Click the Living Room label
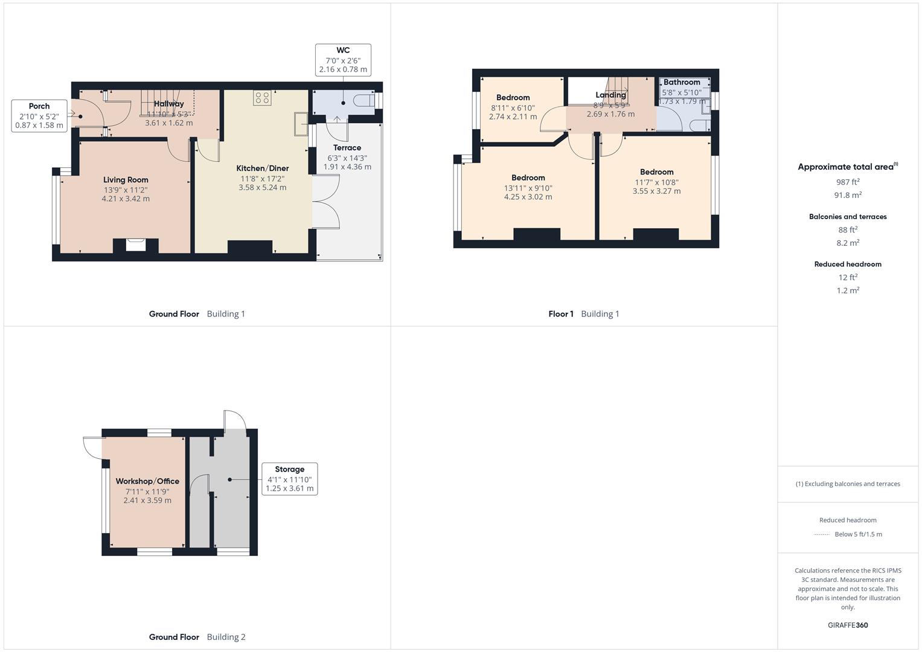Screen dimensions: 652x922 (x=126, y=180)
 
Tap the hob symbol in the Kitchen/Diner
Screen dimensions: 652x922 (x=262, y=98)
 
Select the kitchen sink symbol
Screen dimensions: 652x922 (x=301, y=124)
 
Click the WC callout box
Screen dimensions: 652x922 (x=343, y=60)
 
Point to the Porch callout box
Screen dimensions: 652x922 (x=39, y=116)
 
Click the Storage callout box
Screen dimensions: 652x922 (x=290, y=479)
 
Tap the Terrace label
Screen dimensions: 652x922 (x=347, y=148)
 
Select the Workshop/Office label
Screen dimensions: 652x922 (x=147, y=481)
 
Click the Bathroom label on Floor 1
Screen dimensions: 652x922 (x=682, y=82)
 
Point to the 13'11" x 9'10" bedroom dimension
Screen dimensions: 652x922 (x=528, y=188)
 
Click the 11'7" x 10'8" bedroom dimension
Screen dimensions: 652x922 (x=656, y=182)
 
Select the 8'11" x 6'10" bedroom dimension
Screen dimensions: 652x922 (x=513, y=108)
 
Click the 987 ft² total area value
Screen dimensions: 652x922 (x=848, y=182)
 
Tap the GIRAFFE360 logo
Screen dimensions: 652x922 (x=848, y=625)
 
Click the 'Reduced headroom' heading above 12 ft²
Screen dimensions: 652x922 (x=848, y=264)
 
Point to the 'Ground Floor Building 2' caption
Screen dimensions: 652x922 (x=197, y=637)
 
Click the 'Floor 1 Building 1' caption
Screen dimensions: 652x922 (x=583, y=314)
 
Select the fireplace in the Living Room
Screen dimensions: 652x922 (x=136, y=245)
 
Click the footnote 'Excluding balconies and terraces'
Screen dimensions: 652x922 (x=848, y=484)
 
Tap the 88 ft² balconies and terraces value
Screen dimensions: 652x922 (x=848, y=229)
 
